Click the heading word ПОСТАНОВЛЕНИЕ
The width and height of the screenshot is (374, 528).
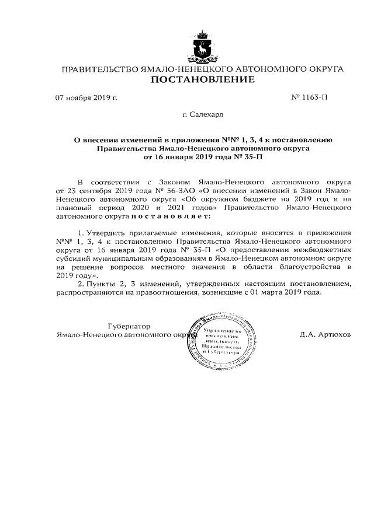(x=203, y=80)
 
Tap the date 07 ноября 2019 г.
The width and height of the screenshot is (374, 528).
(x=86, y=97)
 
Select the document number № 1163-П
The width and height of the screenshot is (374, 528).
(x=309, y=97)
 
